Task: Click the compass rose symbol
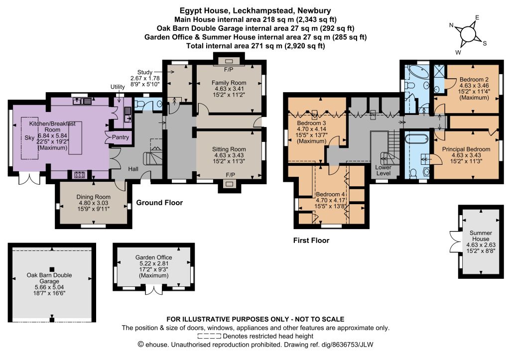pyautogui.click(x=468, y=34)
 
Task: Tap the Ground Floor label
pyautogui.click(x=159, y=203)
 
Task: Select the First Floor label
pyautogui.click(x=311, y=240)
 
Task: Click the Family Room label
pyautogui.click(x=229, y=83)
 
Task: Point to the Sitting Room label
pyautogui.click(x=229, y=149)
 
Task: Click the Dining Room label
pyautogui.click(x=93, y=197)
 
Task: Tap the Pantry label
pyautogui.click(x=121, y=137)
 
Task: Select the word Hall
pyautogui.click(x=133, y=169)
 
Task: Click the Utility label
pyautogui.click(x=118, y=87)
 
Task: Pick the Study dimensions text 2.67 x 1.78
pyautogui.click(x=145, y=78)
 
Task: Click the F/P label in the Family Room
pyautogui.click(x=229, y=70)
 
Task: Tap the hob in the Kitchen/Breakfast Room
pyautogui.click(x=80, y=175)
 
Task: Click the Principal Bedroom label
pyautogui.click(x=466, y=149)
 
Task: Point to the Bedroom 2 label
pyautogui.click(x=474, y=79)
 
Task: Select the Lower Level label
pyautogui.click(x=383, y=170)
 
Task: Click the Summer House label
pyautogui.click(x=481, y=236)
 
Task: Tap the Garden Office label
pyautogui.click(x=153, y=257)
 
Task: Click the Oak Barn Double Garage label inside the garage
pyautogui.click(x=49, y=278)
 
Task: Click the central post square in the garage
pyautogui.click(x=51, y=269)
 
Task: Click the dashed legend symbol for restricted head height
pyautogui.click(x=209, y=336)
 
